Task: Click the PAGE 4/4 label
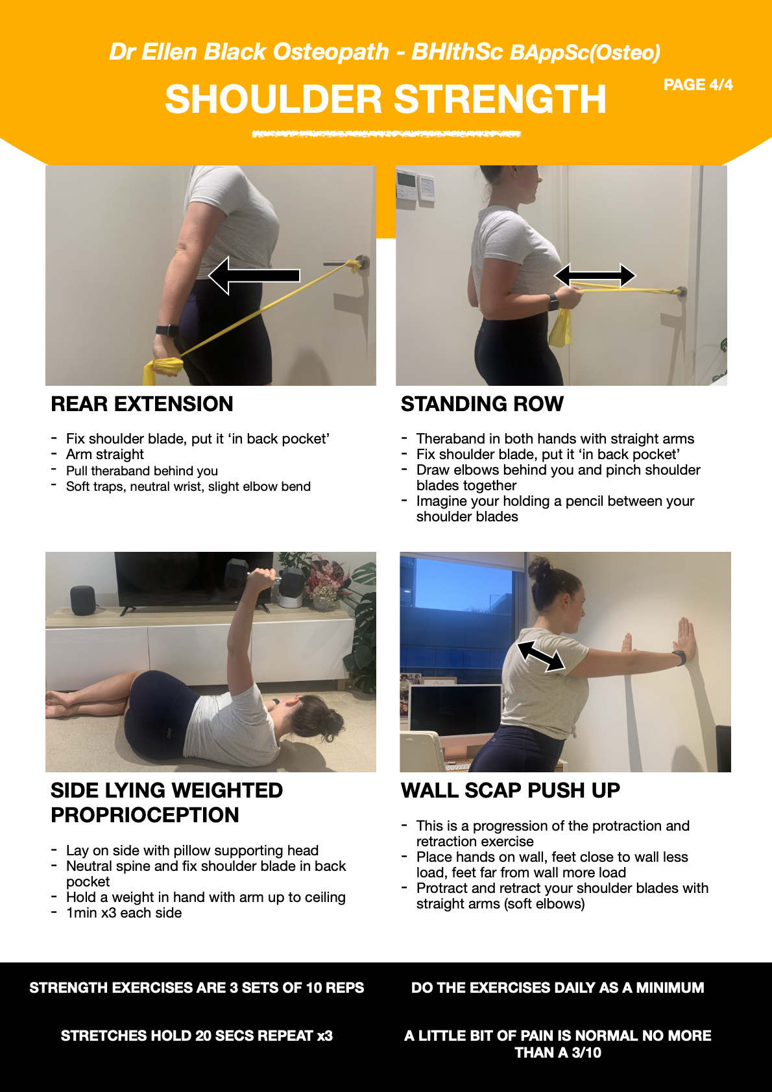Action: [x=698, y=85]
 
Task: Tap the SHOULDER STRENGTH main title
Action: [x=385, y=99]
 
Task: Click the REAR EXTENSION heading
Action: [x=142, y=404]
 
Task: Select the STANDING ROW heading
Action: [x=482, y=404]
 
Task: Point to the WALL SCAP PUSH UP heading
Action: [x=510, y=790]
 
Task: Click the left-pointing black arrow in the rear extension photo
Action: [x=254, y=276]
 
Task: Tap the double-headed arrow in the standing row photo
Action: [x=595, y=276]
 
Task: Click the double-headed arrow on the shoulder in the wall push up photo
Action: [x=541, y=656]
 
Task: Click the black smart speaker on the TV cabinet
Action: [x=83, y=600]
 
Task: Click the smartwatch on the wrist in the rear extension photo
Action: [x=167, y=331]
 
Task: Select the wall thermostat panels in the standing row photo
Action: [x=415, y=185]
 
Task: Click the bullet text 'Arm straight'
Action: [x=105, y=455]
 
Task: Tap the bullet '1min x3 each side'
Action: [x=124, y=912]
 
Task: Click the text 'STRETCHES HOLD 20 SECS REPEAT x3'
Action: [x=197, y=1036]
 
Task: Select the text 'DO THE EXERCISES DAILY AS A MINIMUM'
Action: [x=557, y=988]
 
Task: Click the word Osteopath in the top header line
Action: [x=330, y=52]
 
